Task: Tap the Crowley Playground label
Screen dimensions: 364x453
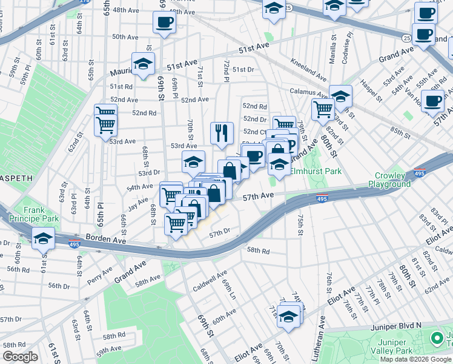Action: click(x=389, y=180)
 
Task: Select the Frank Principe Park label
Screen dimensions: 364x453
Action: click(x=42, y=214)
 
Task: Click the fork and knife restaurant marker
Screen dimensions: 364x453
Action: click(x=222, y=132)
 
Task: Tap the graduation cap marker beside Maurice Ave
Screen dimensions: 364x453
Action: click(x=143, y=64)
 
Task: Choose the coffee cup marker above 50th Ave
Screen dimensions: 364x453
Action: click(x=164, y=24)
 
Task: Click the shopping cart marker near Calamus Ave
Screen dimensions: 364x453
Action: click(x=322, y=109)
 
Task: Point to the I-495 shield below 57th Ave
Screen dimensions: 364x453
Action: click(x=322, y=198)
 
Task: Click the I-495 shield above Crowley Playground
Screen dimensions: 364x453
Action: click(x=419, y=173)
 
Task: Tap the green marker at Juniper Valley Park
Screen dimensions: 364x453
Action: click(x=436, y=338)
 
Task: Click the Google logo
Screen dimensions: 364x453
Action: click(x=20, y=357)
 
